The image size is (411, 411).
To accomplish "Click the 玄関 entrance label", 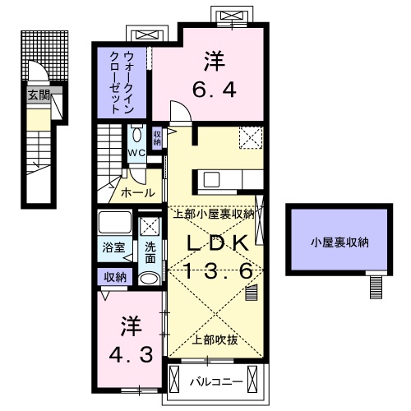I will point(39,95).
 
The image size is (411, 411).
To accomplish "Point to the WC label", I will point(136,152).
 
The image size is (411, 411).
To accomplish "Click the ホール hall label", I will point(136,192).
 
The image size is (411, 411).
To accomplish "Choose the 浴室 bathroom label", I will point(113,247).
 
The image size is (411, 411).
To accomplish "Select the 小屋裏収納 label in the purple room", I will point(339,242).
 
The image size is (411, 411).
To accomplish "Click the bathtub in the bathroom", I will point(113,224).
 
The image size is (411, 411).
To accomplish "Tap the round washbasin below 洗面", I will point(150,278).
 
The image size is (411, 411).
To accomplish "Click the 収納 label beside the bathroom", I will point(114,277).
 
